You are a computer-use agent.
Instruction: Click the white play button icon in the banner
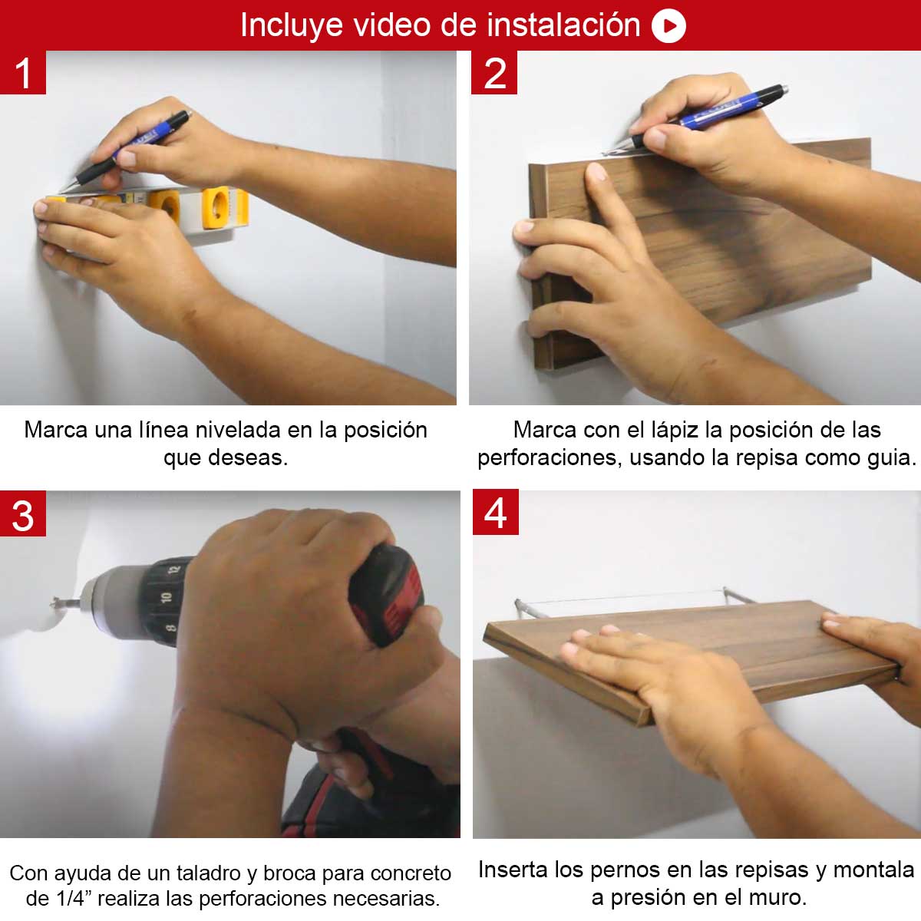tap(668, 26)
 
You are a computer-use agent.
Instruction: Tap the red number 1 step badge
tap(23, 72)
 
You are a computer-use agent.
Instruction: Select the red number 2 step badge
tap(494, 72)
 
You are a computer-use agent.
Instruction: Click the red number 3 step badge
tap(23, 513)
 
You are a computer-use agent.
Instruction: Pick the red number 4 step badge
tap(496, 512)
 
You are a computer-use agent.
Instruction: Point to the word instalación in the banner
tap(563, 25)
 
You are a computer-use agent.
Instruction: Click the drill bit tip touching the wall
tap(54, 602)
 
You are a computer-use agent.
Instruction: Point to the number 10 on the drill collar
tap(166, 597)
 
